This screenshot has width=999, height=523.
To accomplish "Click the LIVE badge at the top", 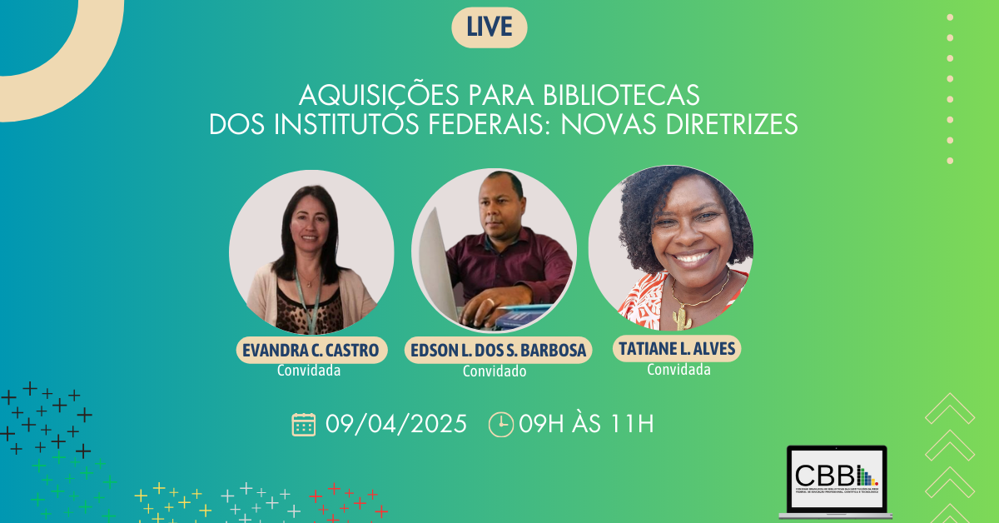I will click(489, 27).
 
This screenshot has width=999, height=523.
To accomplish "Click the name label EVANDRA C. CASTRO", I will click(311, 350).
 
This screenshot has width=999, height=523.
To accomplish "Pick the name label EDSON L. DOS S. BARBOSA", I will click(498, 351).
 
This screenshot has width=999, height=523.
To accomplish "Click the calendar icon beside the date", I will click(304, 424).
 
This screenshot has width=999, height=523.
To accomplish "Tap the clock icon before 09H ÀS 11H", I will click(500, 424).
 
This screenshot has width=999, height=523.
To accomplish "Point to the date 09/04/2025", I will click(395, 424).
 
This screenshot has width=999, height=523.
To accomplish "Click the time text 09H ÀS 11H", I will click(585, 424).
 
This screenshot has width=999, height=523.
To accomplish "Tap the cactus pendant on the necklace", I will click(682, 316).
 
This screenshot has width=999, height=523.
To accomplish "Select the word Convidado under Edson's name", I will click(495, 371).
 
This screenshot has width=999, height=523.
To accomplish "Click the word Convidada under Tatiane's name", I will click(678, 370).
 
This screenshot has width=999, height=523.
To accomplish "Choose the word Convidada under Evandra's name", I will click(309, 371).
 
